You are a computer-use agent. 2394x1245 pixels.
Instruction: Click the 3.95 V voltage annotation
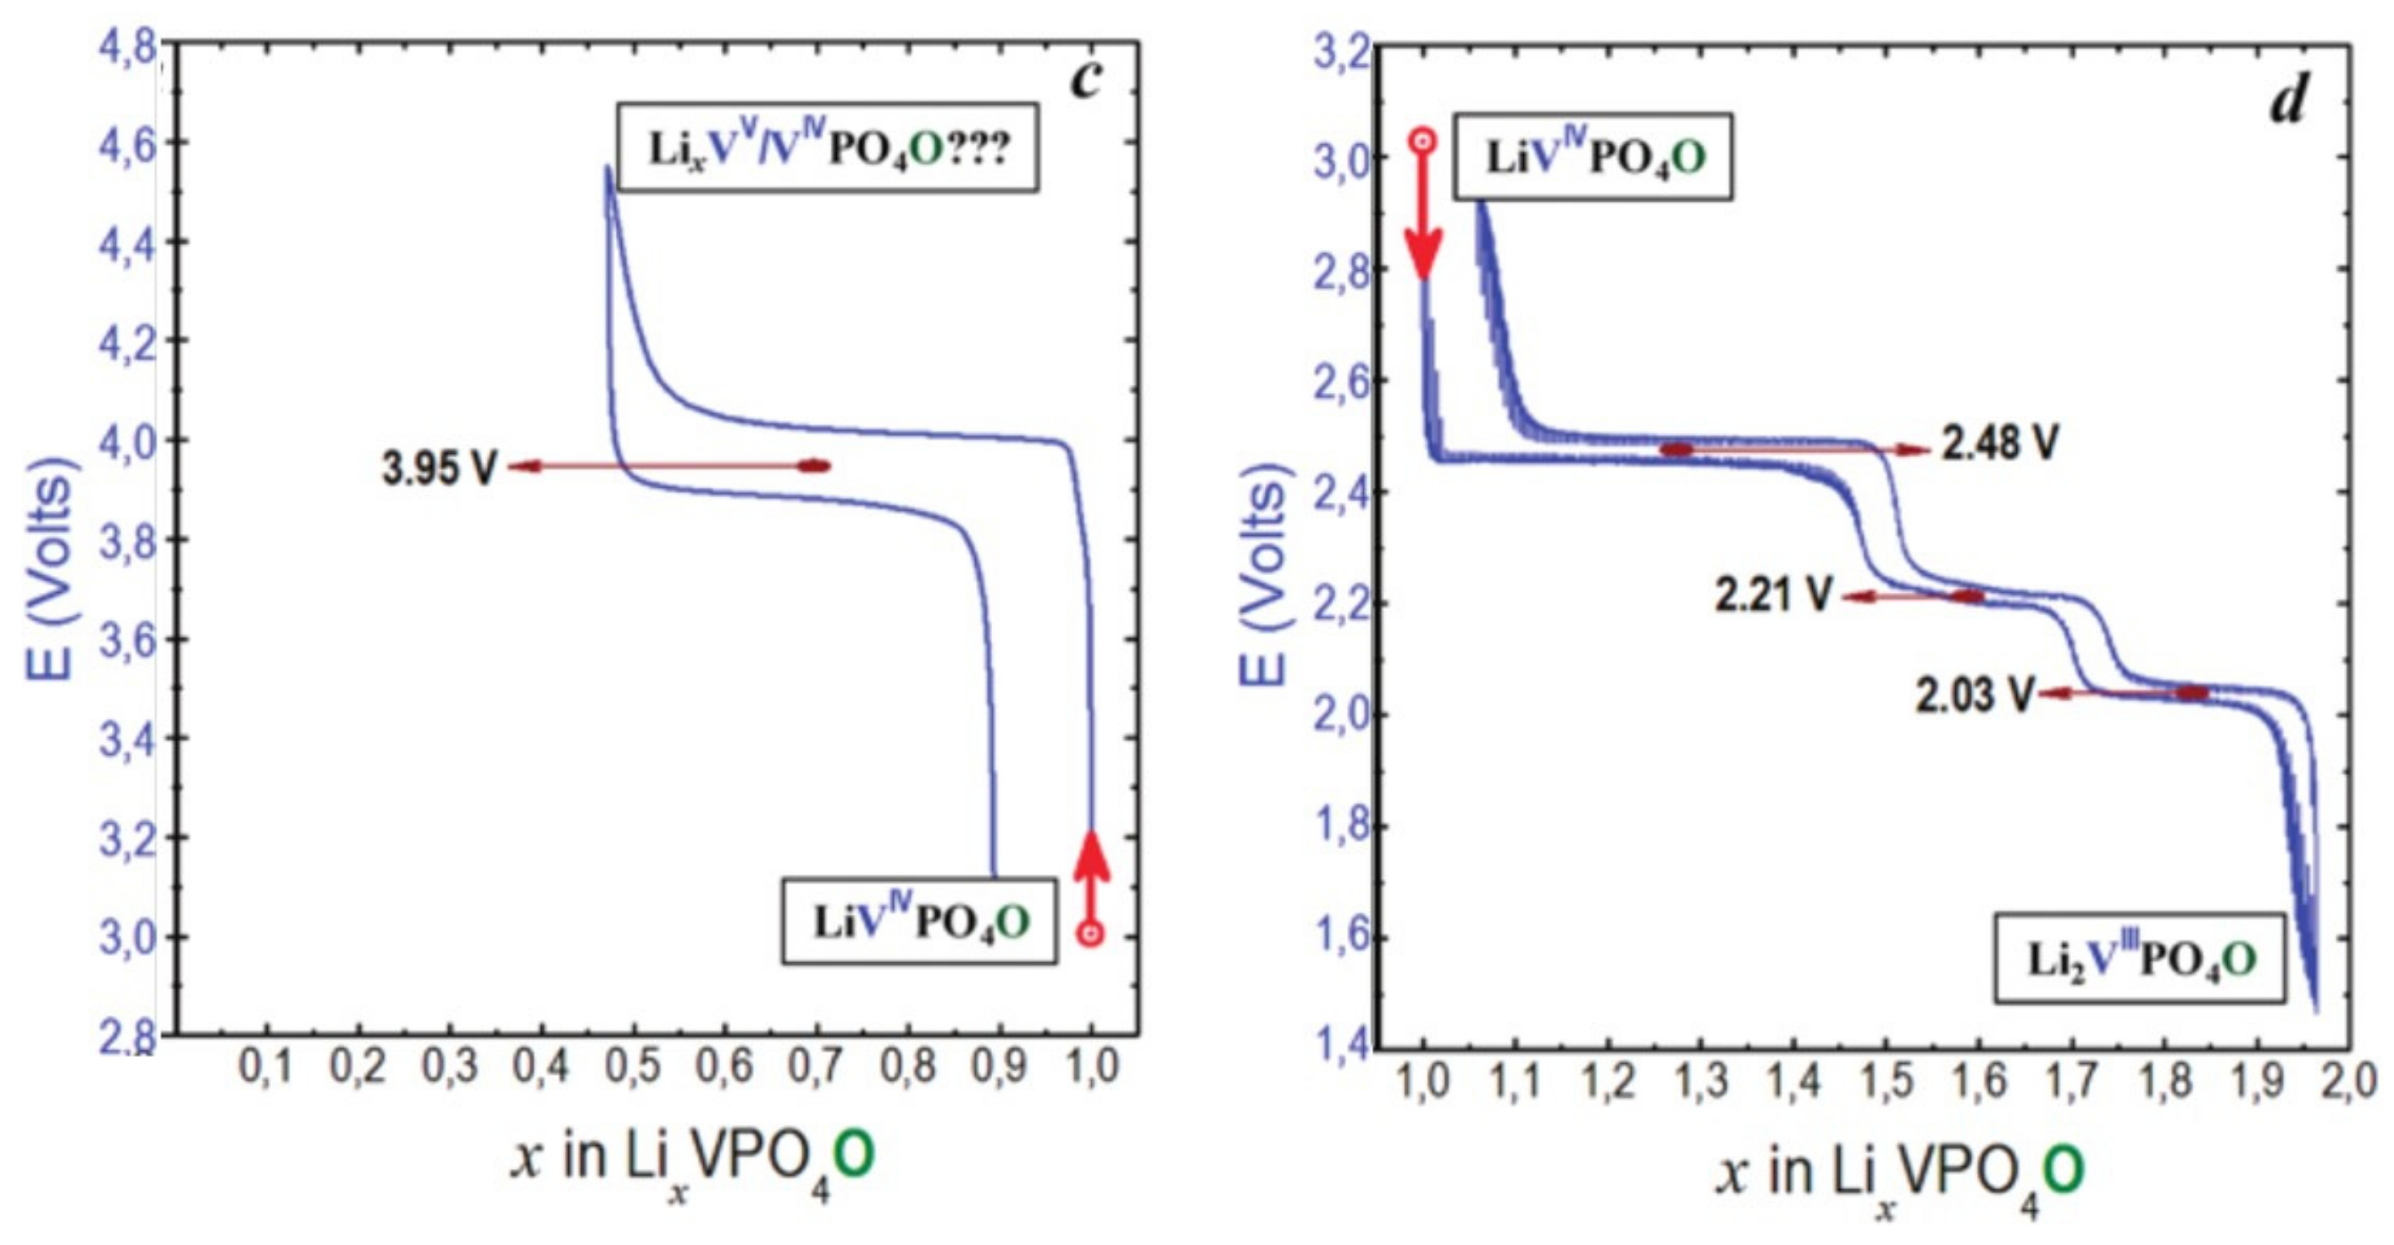point(439,468)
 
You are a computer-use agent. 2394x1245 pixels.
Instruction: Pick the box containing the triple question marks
point(827,147)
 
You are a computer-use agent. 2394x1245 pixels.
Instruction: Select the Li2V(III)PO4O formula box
point(2138,960)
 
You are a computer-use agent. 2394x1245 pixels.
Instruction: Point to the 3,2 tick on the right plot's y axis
point(1342,53)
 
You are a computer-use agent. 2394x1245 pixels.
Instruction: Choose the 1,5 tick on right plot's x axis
point(1887,1082)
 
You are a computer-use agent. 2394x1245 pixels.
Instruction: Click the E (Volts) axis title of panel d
point(1264,576)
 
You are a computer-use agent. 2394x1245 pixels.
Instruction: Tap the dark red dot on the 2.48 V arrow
point(1676,450)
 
